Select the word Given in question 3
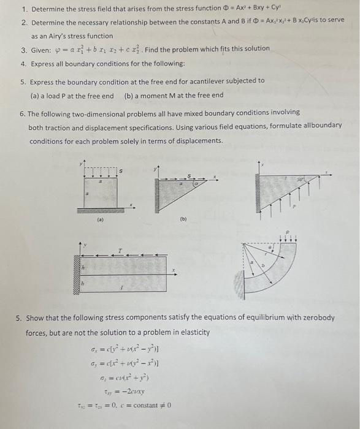tap(42, 48)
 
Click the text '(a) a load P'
tap(72, 96)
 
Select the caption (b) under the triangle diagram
tap(183, 218)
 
